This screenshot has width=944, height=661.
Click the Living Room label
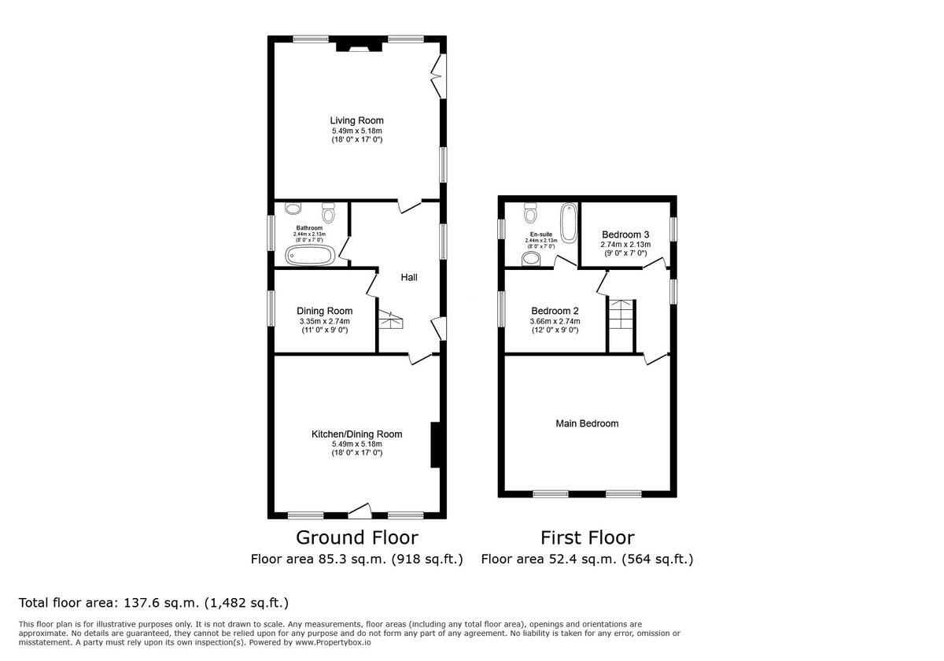click(356, 120)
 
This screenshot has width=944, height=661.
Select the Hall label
click(409, 277)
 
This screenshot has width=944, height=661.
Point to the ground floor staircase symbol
click(390, 320)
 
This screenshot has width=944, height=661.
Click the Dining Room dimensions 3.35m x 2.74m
click(324, 321)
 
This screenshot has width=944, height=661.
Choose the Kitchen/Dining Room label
click(356, 434)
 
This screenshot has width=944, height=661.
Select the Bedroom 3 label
click(625, 234)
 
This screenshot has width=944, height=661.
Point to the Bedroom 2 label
click(555, 310)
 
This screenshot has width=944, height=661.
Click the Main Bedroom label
click(587, 423)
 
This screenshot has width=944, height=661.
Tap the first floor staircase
click(621, 324)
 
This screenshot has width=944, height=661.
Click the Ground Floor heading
click(356, 537)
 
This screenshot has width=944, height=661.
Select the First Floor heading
click(587, 537)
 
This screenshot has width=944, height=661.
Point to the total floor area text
click(153, 603)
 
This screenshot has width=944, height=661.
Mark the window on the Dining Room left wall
click(270, 308)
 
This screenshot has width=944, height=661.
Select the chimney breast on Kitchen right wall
click(434, 446)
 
